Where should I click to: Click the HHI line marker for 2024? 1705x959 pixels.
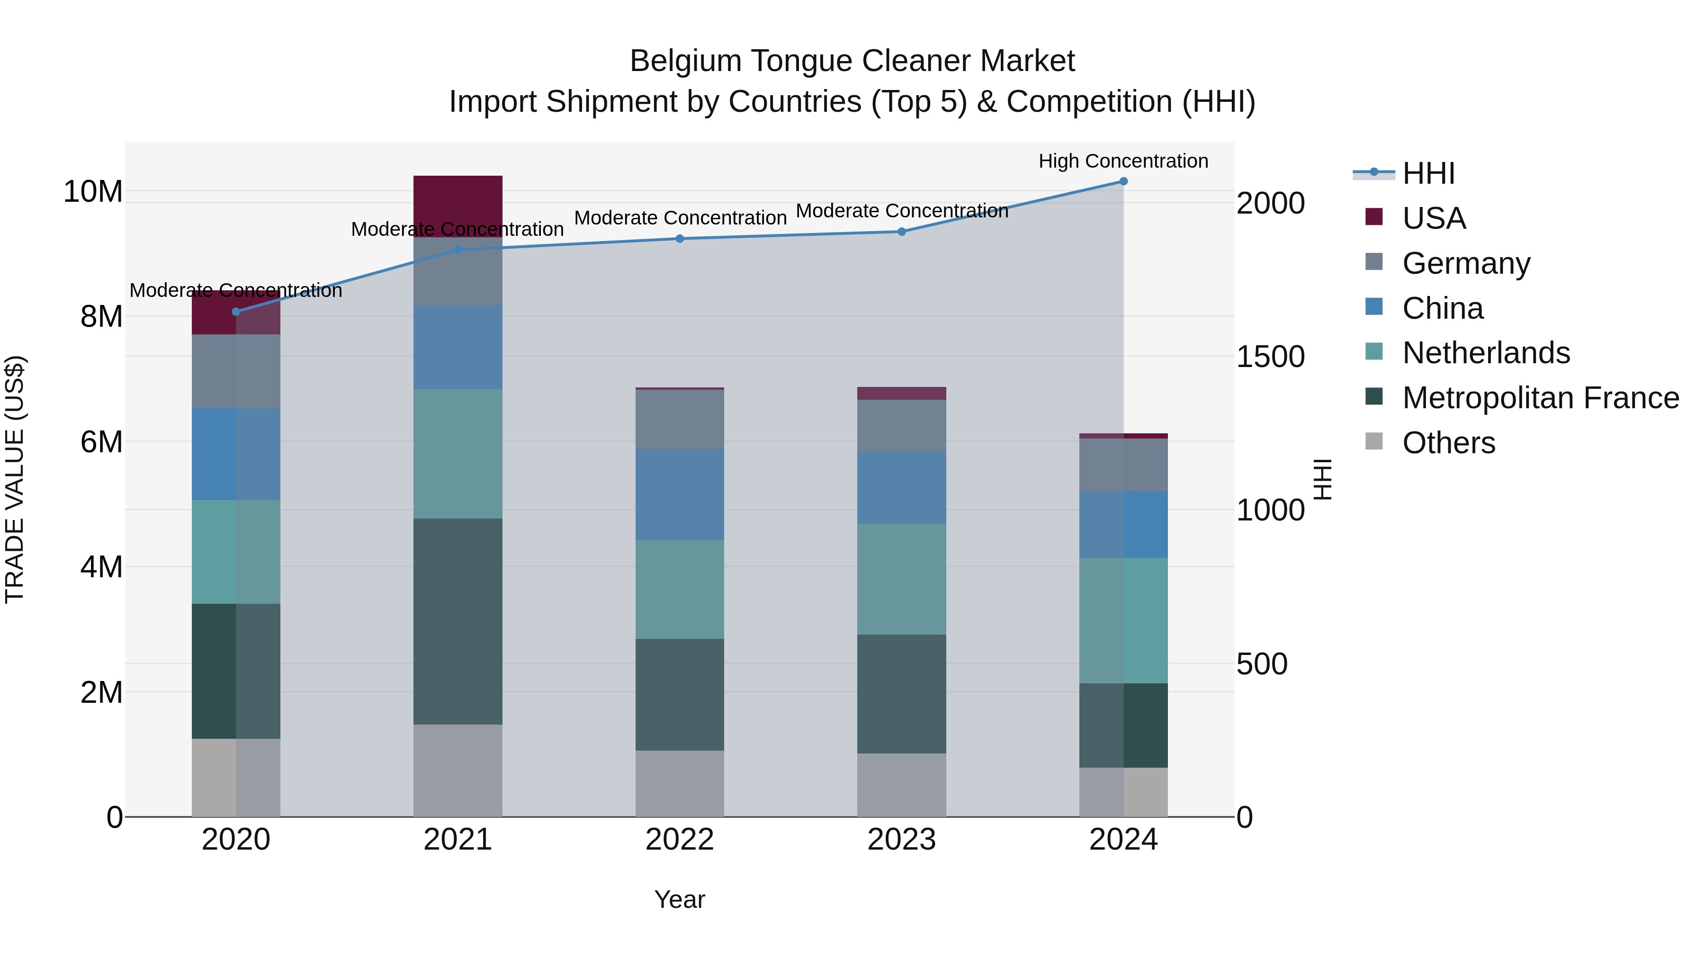(1123, 181)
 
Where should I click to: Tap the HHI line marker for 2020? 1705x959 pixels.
(236, 312)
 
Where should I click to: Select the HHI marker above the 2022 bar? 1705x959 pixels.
(680, 239)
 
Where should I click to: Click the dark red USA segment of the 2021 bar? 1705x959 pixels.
(458, 205)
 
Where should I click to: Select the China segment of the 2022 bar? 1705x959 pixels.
(680, 494)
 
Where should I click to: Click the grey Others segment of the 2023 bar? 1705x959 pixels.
(901, 784)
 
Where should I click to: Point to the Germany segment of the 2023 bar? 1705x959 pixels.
(901, 426)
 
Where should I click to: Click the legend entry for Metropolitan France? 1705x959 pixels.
(1540, 398)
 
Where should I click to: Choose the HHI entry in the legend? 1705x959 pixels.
(1428, 173)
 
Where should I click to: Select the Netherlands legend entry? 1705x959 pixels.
(1486, 353)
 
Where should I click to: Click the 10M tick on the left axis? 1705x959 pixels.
(93, 191)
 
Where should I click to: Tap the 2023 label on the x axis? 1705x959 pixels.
(901, 840)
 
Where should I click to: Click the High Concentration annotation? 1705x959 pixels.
(1123, 161)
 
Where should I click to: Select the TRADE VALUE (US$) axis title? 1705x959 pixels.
(15, 479)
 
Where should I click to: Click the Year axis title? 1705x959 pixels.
(680, 899)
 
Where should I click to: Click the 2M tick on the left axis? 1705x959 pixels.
(101, 692)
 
